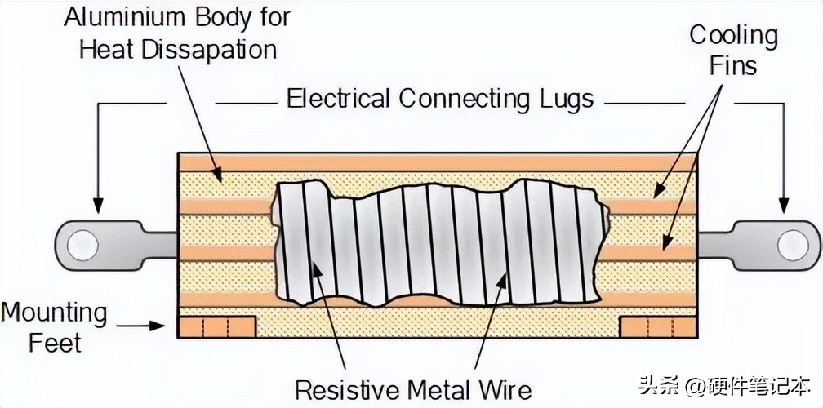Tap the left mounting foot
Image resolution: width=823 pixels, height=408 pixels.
point(216,326)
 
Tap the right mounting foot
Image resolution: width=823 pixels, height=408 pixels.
point(658,326)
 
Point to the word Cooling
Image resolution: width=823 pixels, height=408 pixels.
point(732,35)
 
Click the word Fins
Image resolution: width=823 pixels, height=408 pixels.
point(732,65)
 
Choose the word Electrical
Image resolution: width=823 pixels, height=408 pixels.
point(338,100)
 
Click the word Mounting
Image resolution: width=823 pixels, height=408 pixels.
point(54,313)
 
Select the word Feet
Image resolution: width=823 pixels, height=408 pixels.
point(55,343)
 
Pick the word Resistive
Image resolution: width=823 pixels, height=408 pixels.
point(347,389)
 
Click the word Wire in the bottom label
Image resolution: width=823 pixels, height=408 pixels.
point(505,389)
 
